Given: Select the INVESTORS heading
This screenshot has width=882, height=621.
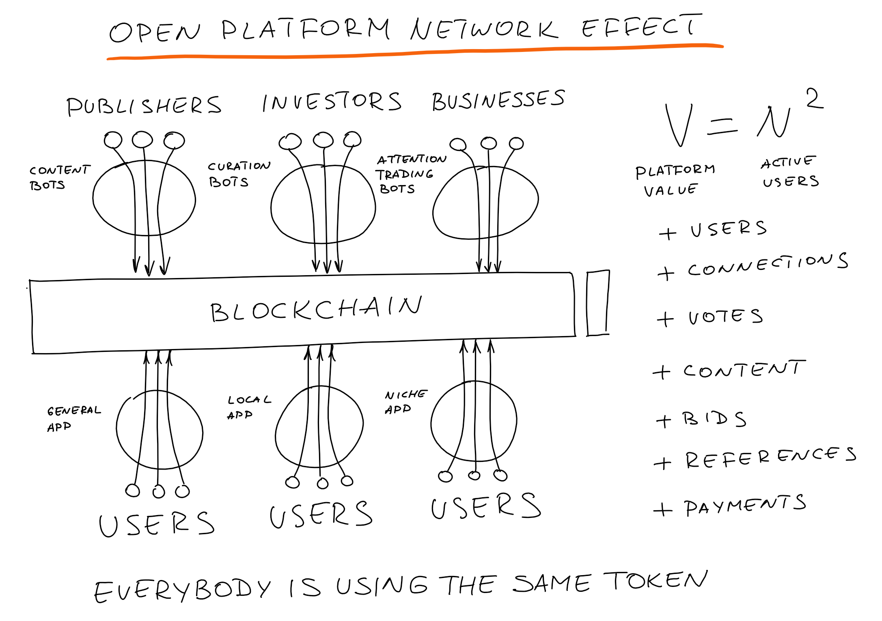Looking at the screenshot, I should (331, 101).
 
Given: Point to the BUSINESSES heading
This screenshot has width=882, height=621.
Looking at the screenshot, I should (498, 100).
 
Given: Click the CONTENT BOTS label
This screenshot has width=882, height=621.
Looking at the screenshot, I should (59, 177).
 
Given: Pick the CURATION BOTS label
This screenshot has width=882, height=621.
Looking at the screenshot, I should (239, 174).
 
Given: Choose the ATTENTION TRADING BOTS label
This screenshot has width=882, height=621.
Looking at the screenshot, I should (410, 174).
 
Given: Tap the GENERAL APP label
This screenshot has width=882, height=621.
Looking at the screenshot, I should (73, 418).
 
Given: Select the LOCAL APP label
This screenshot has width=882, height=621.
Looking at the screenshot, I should (248, 407).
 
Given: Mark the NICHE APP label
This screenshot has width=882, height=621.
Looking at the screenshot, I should (405, 402).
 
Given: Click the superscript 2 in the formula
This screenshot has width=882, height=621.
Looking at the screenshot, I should (814, 99).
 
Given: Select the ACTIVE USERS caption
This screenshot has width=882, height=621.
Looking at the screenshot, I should (790, 172).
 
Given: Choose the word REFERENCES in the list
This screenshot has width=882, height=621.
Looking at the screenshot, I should (770, 458).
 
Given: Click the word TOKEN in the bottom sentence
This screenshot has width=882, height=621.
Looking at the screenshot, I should (655, 580).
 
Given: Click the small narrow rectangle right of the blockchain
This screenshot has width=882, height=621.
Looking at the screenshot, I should (598, 303).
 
